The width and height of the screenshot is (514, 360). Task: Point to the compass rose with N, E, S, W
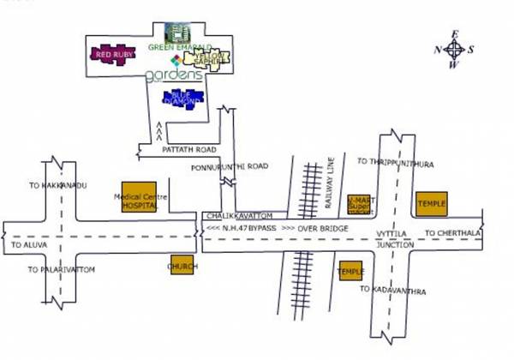point(454,50)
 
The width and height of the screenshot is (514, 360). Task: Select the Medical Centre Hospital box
point(139,199)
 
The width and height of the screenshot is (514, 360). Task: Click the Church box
point(182,267)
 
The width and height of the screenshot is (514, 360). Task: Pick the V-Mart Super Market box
point(360,204)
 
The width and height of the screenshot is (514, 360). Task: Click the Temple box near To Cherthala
point(431,203)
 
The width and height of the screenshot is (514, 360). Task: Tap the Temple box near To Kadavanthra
point(350,271)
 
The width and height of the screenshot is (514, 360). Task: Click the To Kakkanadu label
point(58,185)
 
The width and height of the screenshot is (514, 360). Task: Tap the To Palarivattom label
point(61,269)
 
